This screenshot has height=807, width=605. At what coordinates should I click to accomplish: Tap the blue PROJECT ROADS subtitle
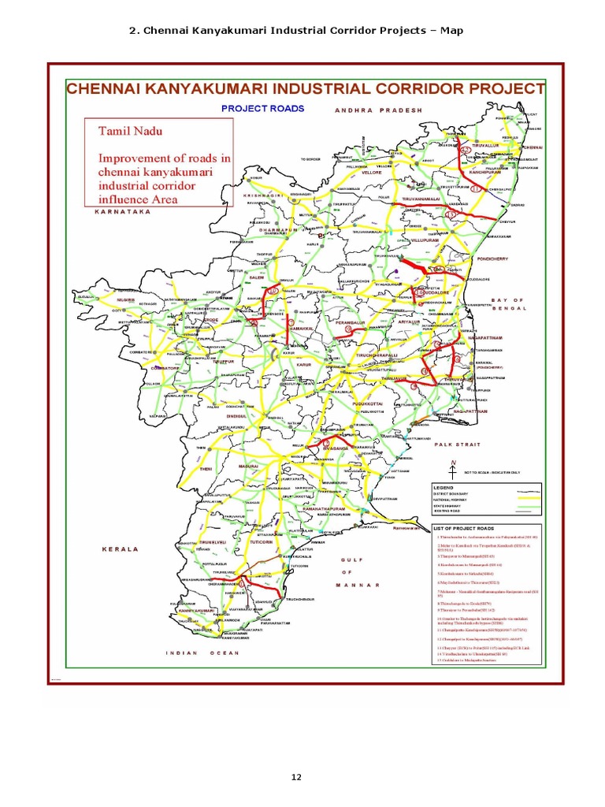point(262,108)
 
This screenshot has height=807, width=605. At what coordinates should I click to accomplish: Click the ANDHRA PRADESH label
point(378,111)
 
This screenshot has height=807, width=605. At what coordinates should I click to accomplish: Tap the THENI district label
point(206,469)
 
